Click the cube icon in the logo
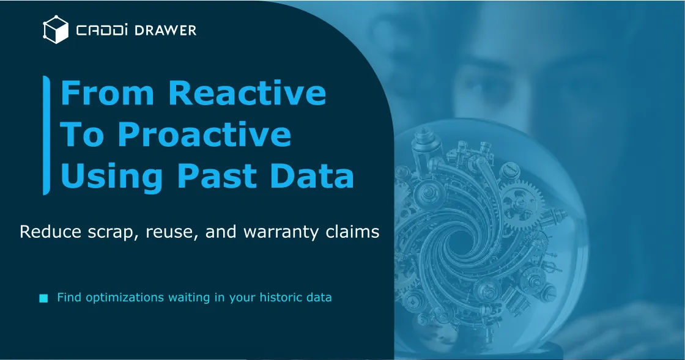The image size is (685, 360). (55, 30)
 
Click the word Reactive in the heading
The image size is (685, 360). (247, 94)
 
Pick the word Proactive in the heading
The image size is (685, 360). (204, 135)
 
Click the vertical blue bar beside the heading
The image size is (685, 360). (46, 135)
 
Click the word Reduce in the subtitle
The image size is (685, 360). (45, 232)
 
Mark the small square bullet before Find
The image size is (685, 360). (43, 298)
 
